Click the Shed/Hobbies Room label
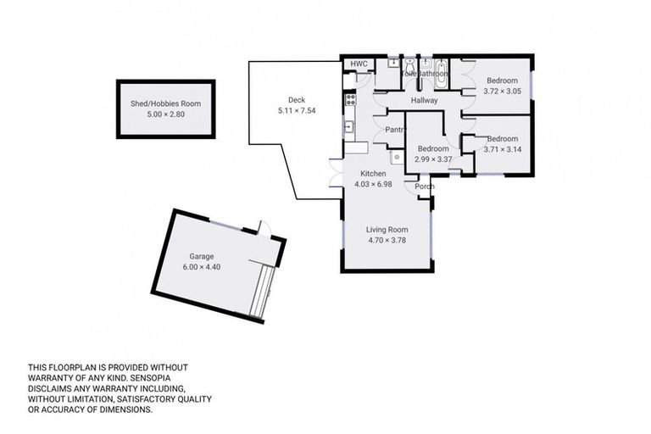(165, 103)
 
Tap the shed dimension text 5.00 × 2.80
(165, 114)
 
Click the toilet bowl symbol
(409, 64)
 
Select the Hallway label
(424, 101)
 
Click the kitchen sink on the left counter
(348, 127)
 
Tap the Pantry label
(396, 130)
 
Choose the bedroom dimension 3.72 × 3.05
(502, 91)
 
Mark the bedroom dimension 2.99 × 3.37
(432, 159)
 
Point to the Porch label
(424, 186)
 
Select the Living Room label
(387, 229)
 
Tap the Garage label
(202, 256)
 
